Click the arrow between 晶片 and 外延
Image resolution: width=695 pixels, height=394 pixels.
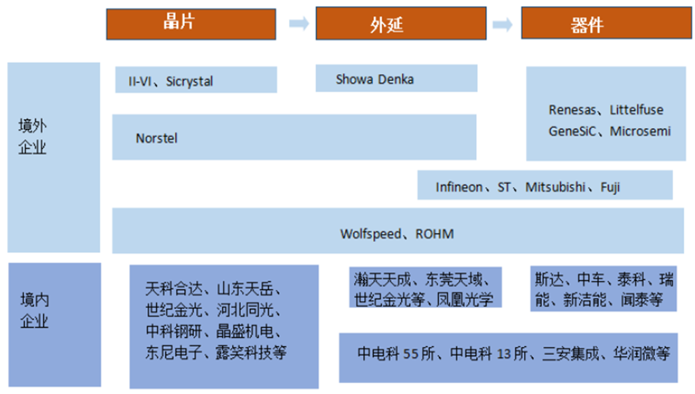[299, 24]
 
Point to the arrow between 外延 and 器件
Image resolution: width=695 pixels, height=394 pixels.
[503, 25]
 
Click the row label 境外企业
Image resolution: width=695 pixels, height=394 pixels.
[32, 136]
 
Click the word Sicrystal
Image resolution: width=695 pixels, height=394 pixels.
[190, 82]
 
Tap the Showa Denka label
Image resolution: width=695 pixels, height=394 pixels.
[375, 79]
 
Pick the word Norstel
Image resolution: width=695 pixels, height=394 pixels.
[156, 138]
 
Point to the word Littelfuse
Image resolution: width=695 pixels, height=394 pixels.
[637, 110]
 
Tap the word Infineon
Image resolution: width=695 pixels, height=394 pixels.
[459, 187]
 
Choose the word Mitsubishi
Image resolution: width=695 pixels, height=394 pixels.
[555, 187]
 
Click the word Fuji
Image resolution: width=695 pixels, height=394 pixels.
[611, 187]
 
